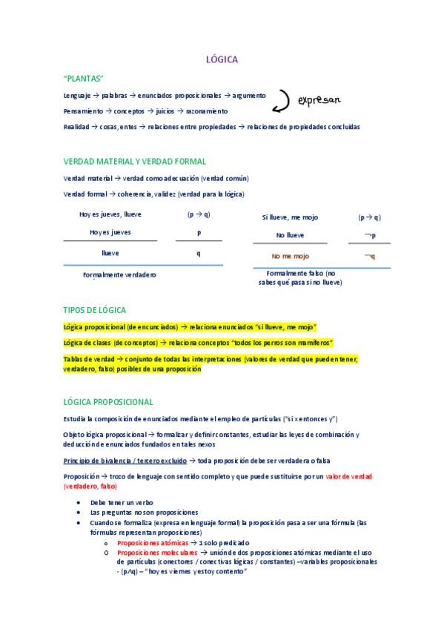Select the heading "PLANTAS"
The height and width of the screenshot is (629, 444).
(84, 79)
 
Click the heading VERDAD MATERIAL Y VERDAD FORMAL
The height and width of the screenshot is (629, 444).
(135, 162)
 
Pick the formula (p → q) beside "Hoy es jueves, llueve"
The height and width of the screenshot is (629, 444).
(199, 214)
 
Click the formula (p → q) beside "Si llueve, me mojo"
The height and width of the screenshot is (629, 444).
(369, 217)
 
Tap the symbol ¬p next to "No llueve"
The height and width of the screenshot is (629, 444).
(369, 235)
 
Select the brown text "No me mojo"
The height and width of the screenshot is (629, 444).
(290, 256)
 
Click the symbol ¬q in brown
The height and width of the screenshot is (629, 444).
(369, 256)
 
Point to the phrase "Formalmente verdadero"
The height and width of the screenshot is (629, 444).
(119, 274)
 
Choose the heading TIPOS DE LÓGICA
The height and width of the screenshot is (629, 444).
(95, 310)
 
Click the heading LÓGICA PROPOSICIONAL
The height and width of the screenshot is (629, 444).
(108, 402)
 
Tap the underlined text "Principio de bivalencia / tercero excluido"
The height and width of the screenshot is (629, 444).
(125, 461)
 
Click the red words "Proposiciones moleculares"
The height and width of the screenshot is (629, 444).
(157, 553)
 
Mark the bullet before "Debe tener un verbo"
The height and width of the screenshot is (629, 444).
(79, 502)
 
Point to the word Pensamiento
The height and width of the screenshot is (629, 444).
(82, 111)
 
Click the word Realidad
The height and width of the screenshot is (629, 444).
(76, 127)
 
